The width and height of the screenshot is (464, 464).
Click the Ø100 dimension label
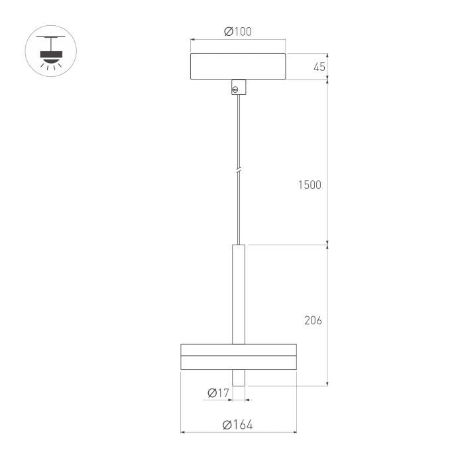238,31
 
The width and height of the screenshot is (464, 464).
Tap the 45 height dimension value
319,67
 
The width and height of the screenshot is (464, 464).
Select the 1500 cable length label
310,185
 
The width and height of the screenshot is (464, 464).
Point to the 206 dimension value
313,320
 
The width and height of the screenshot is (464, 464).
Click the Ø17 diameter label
218,393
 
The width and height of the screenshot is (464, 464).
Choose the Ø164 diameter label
237,425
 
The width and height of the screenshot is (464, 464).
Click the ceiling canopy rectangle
238,66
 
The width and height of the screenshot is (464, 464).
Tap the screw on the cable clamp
235,89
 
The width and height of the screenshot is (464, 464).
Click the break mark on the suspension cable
239,171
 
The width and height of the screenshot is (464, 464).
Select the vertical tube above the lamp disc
239,294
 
